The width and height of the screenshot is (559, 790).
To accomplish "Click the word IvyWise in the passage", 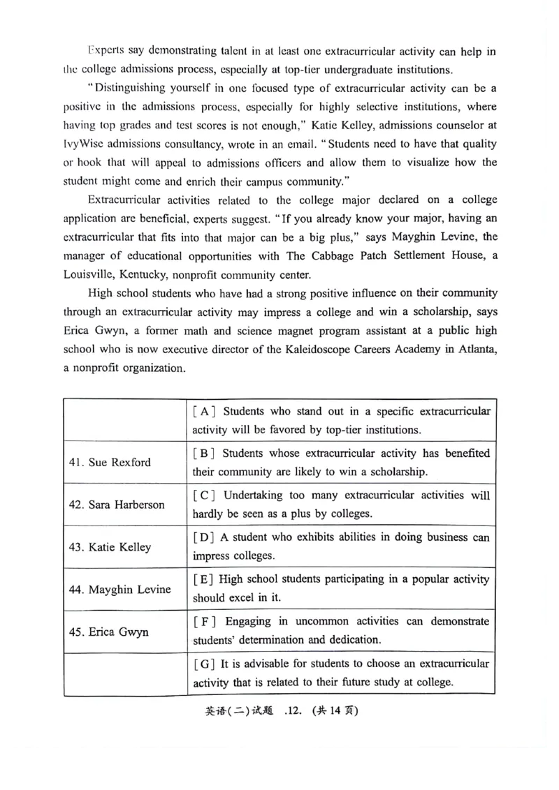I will pyautogui.click(x=85, y=144).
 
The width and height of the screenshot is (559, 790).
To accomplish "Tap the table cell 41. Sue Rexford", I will pyautogui.click(x=110, y=462).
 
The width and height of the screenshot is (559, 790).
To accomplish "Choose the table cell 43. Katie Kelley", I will pyautogui.click(x=110, y=547).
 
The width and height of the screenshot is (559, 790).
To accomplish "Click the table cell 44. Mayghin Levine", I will pyautogui.click(x=119, y=590).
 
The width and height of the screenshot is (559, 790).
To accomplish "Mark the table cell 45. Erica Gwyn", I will pyautogui.click(x=108, y=632).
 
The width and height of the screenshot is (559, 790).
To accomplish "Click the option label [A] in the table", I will pyautogui.click(x=204, y=410).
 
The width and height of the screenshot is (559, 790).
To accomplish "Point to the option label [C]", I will pyautogui.click(x=204, y=495).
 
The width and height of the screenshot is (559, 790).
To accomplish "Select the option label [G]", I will pyautogui.click(x=204, y=664).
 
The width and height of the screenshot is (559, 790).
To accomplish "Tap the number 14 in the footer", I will pyautogui.click(x=339, y=712).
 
